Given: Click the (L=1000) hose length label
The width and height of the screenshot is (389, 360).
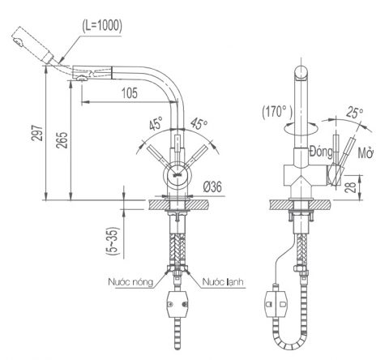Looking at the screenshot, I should (102, 25).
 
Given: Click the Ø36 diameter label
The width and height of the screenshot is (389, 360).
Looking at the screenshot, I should (214, 186).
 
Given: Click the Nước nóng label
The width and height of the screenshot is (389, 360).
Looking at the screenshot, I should (130, 282).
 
